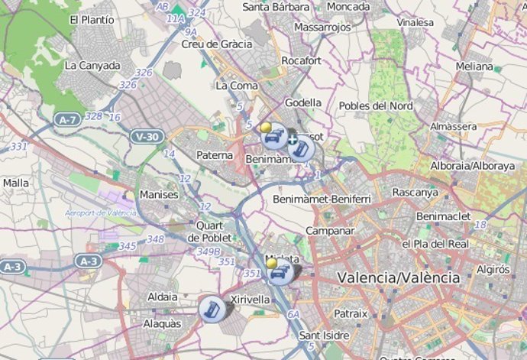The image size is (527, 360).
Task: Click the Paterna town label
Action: click(x=215, y=155)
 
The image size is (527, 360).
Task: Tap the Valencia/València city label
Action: click(x=399, y=278)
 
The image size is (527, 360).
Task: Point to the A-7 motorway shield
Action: click(x=67, y=119)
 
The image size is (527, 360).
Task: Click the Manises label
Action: click(x=159, y=195)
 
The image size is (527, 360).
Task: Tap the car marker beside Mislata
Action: click(x=280, y=273)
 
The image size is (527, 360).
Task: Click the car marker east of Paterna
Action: click(x=275, y=138)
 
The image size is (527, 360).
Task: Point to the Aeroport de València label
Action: click(x=101, y=212)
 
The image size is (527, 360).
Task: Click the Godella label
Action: click(x=303, y=102)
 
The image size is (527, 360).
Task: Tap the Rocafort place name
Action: click(x=302, y=60)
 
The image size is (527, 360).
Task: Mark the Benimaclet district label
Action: click(x=444, y=216)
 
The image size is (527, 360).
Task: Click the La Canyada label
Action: click(x=92, y=66)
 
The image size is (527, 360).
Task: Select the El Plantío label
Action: click(x=92, y=19)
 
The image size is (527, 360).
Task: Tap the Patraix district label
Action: click(x=351, y=313)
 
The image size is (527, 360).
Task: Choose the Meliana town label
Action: click(x=474, y=66)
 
